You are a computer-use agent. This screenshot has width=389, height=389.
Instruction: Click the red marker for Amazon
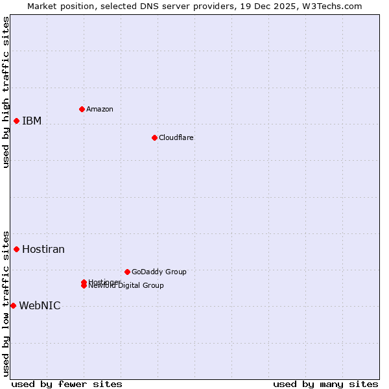[82, 109]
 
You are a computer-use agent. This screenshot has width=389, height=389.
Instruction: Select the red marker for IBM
[16, 121]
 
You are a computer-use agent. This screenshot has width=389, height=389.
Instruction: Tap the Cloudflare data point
[154, 137]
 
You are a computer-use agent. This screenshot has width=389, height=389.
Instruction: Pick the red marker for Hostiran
[16, 249]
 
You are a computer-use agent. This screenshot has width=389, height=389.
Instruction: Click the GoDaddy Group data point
[127, 272]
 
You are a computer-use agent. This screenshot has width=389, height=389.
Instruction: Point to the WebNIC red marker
[13, 305]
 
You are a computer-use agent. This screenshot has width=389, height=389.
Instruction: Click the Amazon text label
[100, 109]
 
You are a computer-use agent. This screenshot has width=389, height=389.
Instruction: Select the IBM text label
[32, 121]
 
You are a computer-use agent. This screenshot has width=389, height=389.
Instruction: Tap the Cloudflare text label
[176, 137]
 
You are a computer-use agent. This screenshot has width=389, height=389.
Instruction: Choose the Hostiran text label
[43, 249]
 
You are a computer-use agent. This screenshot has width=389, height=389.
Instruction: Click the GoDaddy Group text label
[159, 272]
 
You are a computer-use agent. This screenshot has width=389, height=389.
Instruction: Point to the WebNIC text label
[40, 306]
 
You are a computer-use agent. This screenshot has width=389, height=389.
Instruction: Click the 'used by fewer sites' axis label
[67, 384]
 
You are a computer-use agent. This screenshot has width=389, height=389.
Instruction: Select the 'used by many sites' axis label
[325, 384]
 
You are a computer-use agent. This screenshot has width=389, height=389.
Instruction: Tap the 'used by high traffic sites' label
[6, 93]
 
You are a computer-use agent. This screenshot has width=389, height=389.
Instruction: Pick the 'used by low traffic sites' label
[6, 303]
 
